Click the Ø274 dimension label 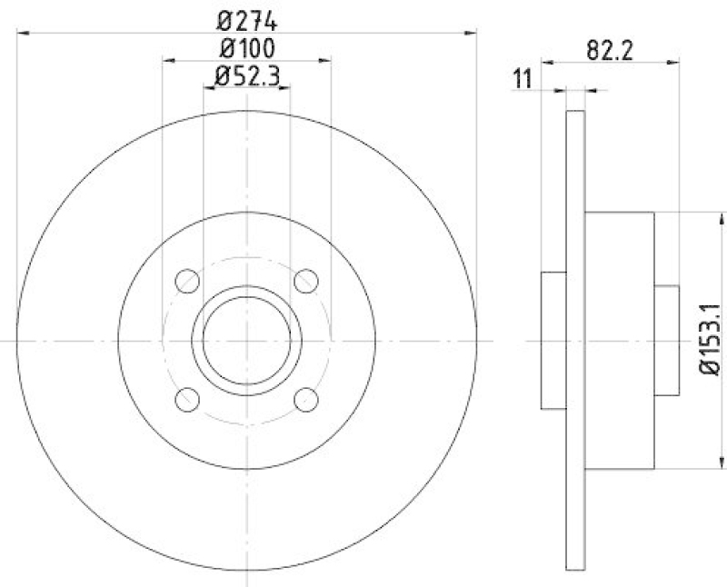tap(246, 18)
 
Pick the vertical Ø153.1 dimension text tap(712, 339)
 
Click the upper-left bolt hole tap(186, 280)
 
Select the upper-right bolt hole tap(306, 280)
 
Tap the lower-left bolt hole tap(186, 399)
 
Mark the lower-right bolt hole tap(306, 399)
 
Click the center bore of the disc tap(246, 340)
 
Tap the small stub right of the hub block tap(666, 340)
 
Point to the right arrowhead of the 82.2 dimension tap(673, 62)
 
